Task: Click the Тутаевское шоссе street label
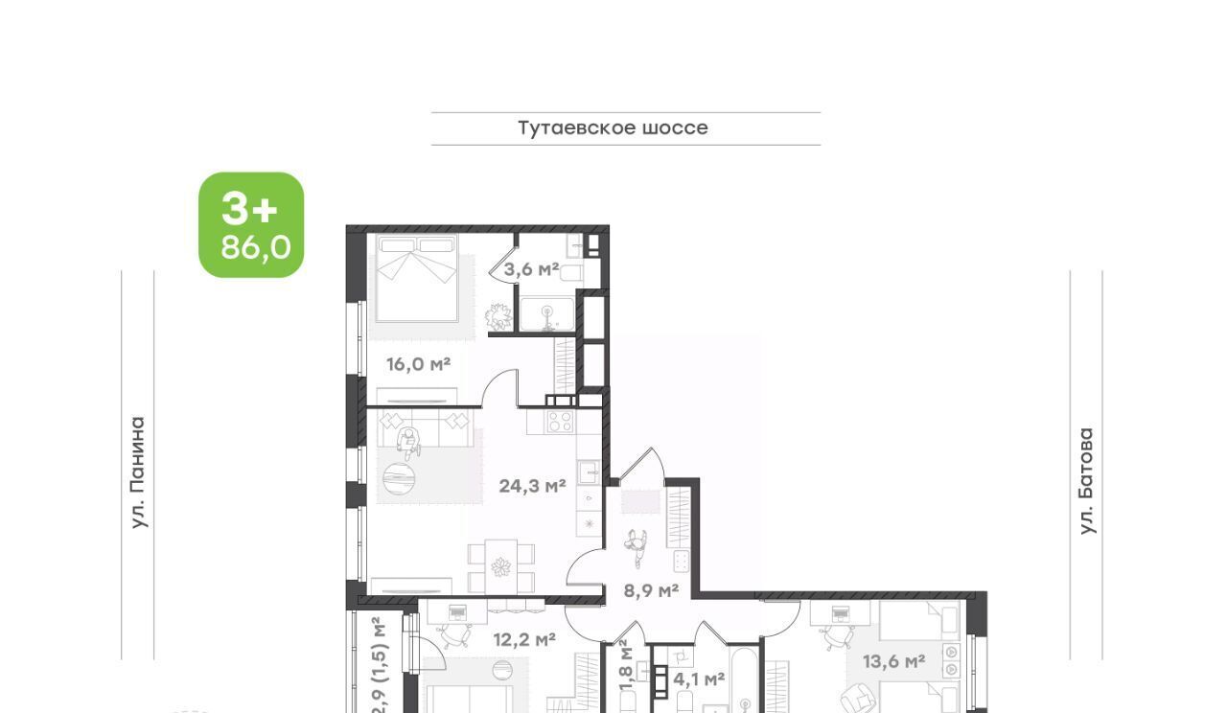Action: pos(613,128)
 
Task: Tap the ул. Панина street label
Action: pos(139,472)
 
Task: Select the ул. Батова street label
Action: pos(1086,481)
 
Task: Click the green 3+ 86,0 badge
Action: pos(251,224)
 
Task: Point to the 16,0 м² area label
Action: pos(419,364)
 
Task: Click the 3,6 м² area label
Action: pos(531,269)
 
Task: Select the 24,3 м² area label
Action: pos(532,486)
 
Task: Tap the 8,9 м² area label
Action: pos(651,591)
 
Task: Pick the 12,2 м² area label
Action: pos(524,639)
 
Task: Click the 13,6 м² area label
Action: pos(894,661)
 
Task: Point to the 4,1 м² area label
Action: pos(699,679)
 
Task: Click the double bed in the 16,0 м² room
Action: pos(417,278)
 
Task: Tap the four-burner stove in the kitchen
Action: pos(561,422)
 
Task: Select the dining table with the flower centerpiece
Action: pos(500,566)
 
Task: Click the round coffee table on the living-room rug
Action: pos(398,478)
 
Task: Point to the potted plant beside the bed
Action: pos(498,316)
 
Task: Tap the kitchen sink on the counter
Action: pos(590,471)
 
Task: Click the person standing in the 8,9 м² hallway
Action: pos(637,546)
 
